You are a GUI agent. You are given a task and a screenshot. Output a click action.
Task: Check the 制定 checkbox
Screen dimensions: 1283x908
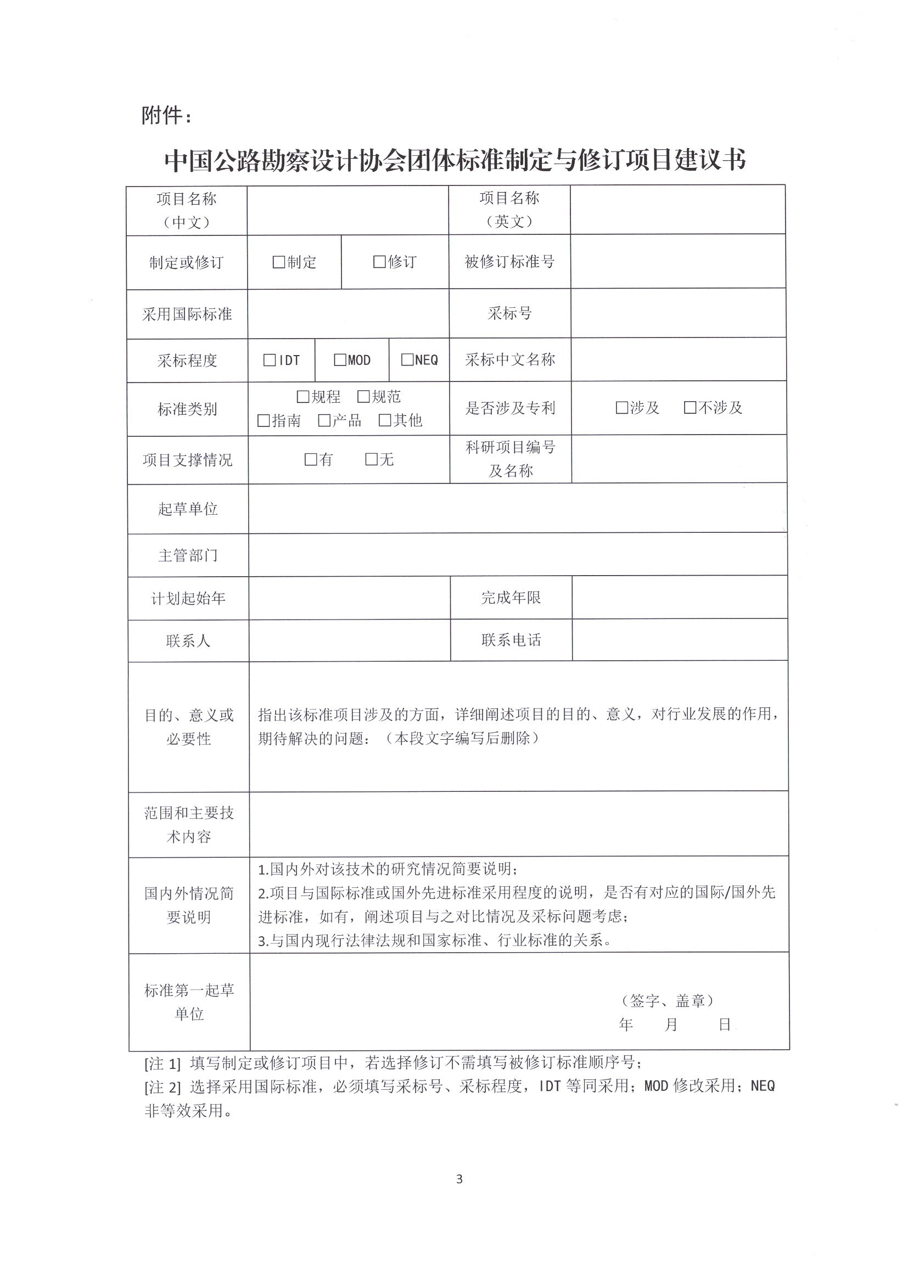[x=278, y=262]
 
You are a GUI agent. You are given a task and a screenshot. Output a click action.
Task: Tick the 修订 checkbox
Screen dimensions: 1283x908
[x=379, y=262]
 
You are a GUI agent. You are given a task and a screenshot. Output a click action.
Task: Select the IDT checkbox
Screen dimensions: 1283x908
[x=270, y=361]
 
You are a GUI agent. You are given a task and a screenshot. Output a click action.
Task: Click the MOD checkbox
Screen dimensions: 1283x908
[x=340, y=360]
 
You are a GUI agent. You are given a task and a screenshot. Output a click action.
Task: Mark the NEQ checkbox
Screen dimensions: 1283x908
[x=407, y=359]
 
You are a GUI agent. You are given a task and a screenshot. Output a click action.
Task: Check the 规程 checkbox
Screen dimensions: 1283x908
[x=303, y=397]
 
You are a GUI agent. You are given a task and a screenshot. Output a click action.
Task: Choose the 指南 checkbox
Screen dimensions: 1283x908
[x=264, y=421]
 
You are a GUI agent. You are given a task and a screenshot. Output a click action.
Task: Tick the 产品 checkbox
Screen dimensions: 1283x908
[x=324, y=420]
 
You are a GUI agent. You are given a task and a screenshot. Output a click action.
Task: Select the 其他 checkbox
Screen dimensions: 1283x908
[x=385, y=420]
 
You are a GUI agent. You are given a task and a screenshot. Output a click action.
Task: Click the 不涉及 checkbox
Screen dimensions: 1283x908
[x=690, y=407]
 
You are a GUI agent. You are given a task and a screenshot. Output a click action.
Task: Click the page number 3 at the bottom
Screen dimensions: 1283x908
[x=459, y=1180]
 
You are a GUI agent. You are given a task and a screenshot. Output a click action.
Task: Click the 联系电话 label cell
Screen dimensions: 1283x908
[x=511, y=640]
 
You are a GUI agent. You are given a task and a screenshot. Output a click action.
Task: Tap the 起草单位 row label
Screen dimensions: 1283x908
[x=188, y=509]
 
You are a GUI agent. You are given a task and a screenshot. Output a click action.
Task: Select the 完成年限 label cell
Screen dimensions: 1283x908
[x=511, y=598]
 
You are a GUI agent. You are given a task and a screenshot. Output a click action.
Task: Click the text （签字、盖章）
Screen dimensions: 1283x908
[x=667, y=1000]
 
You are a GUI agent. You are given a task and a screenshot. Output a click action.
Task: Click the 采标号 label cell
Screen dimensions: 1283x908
[x=509, y=313]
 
